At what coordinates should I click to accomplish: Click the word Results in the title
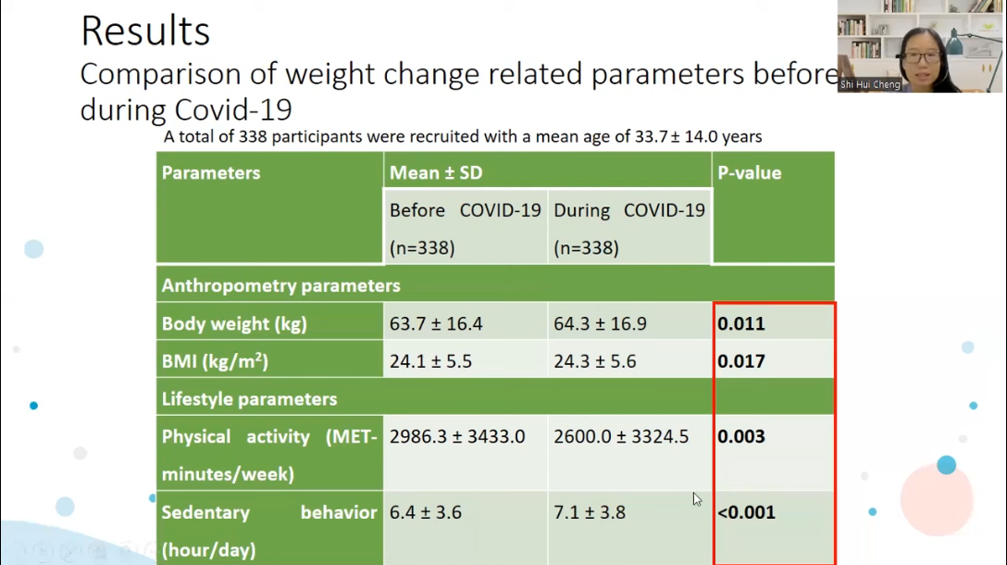(145, 31)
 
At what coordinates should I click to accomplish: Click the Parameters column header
(211, 173)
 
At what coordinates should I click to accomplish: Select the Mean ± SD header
(435, 173)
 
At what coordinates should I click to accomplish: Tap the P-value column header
(750, 173)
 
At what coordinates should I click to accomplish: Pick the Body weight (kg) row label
(234, 324)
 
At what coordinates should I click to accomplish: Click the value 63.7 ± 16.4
(435, 323)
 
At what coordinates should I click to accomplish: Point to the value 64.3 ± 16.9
(600, 323)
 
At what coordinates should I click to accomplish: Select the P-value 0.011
(741, 323)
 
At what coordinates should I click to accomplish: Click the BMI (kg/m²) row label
(215, 360)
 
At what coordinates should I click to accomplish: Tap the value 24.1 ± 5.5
(430, 361)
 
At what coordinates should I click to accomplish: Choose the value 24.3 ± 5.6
(595, 361)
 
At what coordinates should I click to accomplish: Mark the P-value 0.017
(741, 361)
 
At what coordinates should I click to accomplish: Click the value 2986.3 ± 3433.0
(457, 436)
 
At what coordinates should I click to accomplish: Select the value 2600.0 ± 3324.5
(621, 436)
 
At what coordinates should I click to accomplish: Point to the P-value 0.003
(741, 436)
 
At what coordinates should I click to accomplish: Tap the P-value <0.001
(746, 512)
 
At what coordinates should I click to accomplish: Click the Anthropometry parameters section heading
(280, 286)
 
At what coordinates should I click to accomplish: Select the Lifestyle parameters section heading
(249, 399)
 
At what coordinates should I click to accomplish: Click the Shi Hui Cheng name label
(870, 85)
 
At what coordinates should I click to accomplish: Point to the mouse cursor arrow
(697, 499)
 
